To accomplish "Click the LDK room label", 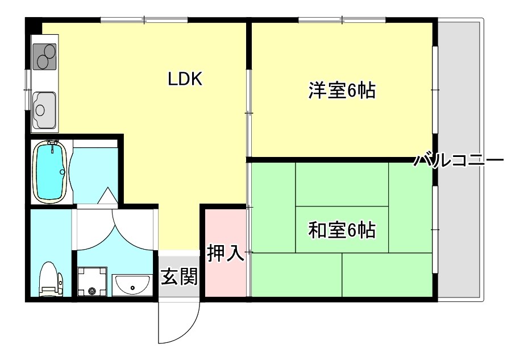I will tap(185, 79).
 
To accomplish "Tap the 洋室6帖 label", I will tap(342, 91).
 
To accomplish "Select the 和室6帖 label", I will tap(342, 230).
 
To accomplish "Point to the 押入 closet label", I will tap(225, 254).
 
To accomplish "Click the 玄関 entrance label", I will tap(179, 277).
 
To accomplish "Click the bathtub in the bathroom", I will tap(51, 171).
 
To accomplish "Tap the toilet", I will tap(50, 280).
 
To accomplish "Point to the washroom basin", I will tap(132, 283).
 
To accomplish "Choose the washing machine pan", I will tap(93, 282).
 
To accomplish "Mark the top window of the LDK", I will tap(144, 20).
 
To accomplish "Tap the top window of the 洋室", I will tap(342, 20).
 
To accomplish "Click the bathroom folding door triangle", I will tap(106, 197).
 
